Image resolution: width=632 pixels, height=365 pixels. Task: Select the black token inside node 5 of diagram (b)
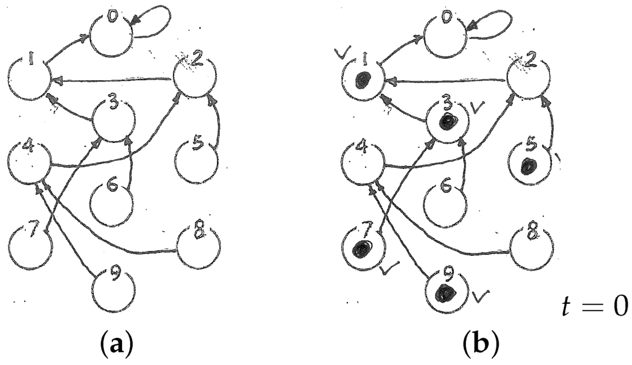[x=527, y=166]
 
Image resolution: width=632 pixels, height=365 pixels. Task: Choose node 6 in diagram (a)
[x=110, y=204]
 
